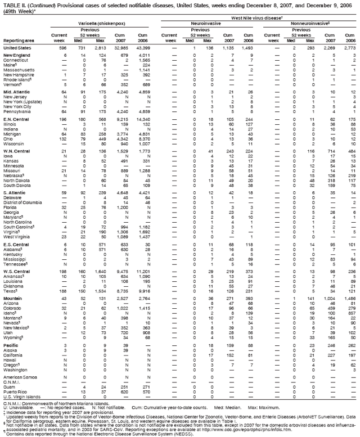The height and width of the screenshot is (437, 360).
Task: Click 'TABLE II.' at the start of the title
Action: point(12,4)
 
